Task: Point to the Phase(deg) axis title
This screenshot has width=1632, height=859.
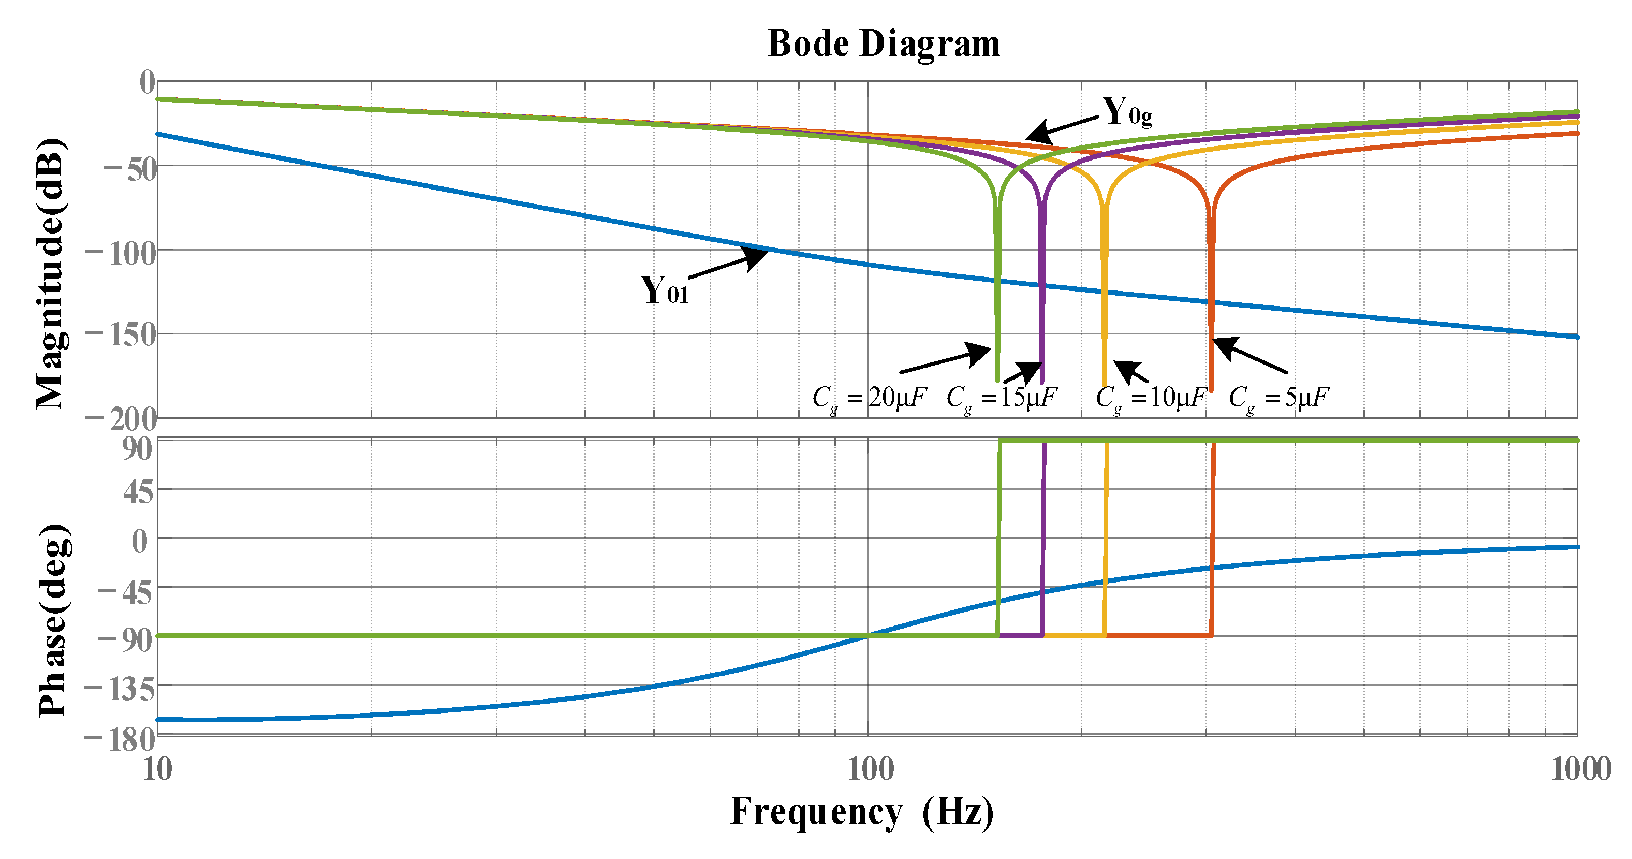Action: click(53, 621)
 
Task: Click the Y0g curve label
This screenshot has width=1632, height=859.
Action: click(1126, 112)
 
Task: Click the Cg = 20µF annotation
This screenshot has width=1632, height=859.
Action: click(869, 398)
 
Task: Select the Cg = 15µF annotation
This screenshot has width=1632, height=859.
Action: click(1002, 398)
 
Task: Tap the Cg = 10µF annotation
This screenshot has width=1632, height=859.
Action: click(1151, 398)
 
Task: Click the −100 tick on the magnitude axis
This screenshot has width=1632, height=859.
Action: click(121, 254)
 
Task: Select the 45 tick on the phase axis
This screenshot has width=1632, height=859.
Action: click(139, 492)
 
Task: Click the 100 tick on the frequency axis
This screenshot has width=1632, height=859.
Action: click(871, 770)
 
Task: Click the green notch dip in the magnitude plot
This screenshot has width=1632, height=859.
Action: click(998, 317)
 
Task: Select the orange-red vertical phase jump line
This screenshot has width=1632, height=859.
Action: click(1212, 539)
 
